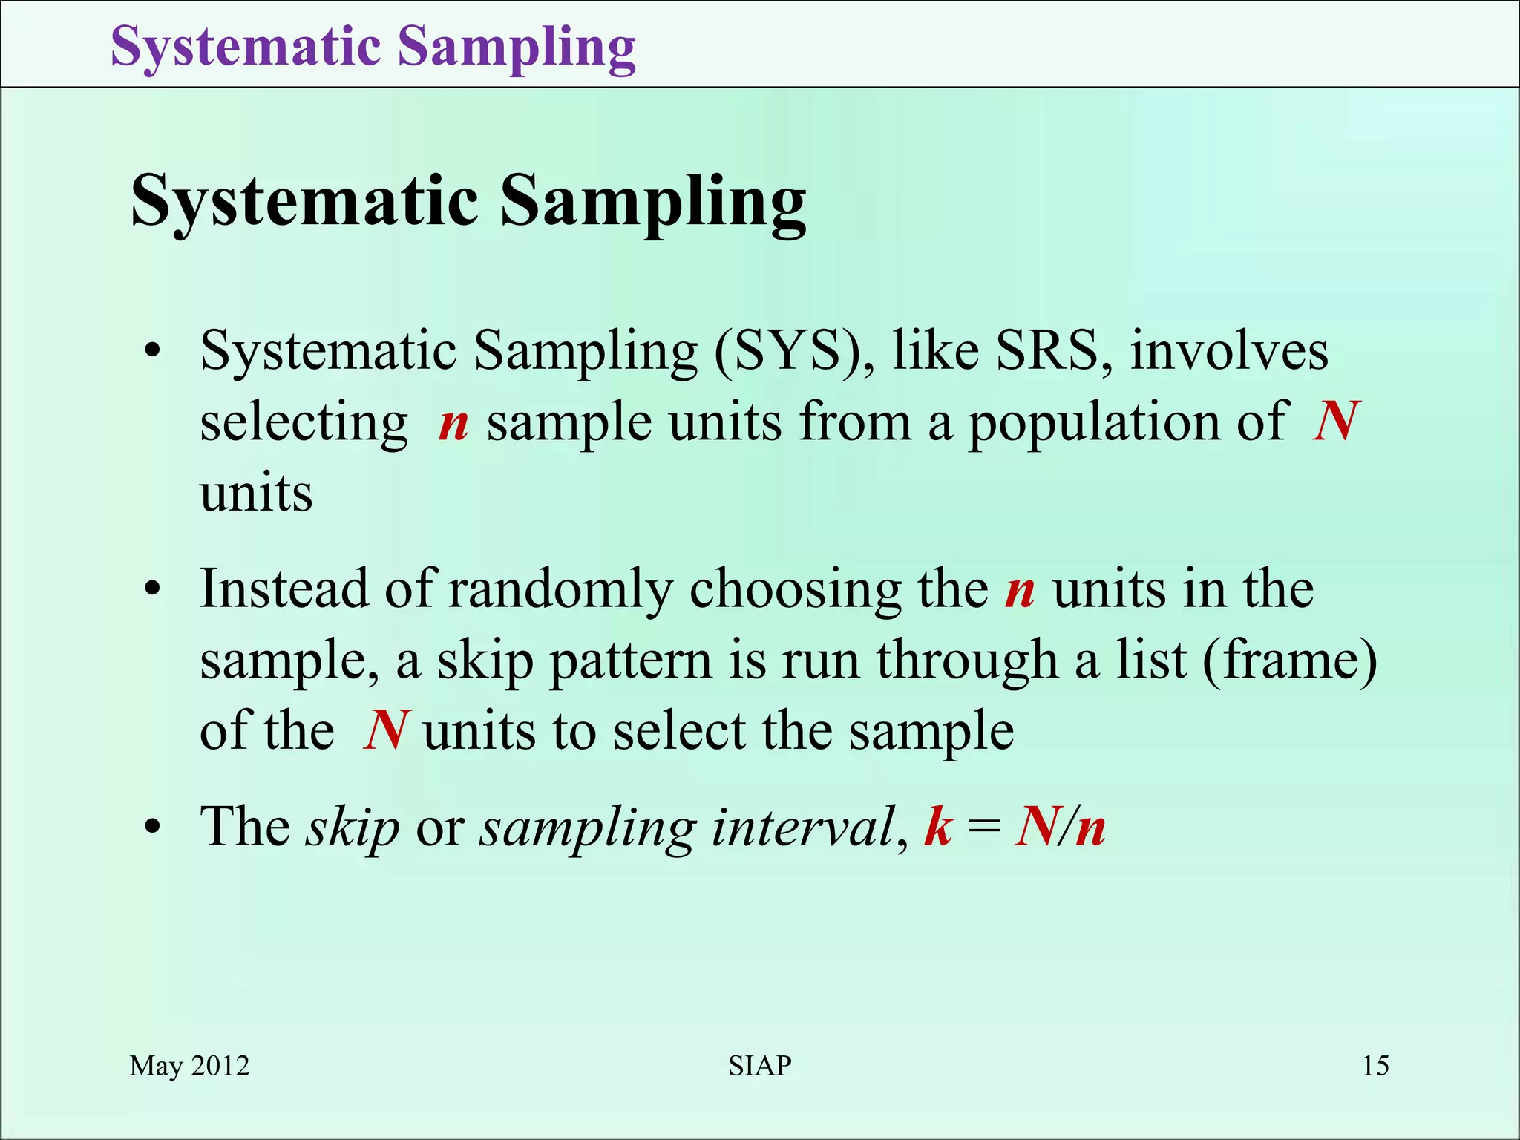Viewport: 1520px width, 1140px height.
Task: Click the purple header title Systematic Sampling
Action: point(373,47)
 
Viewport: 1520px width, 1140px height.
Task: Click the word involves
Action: point(1229,350)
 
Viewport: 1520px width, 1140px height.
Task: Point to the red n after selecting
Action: point(453,423)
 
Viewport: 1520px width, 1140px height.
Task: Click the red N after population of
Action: point(1335,422)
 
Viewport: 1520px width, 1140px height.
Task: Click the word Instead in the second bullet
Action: point(284,589)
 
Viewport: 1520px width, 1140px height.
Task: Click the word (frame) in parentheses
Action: point(1290,660)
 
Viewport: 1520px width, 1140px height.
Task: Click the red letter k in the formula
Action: point(938,826)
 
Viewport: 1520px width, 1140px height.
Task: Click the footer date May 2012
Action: point(189,1066)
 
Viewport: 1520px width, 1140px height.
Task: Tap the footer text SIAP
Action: point(759,1066)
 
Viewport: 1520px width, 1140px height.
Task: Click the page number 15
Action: point(1375,1066)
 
